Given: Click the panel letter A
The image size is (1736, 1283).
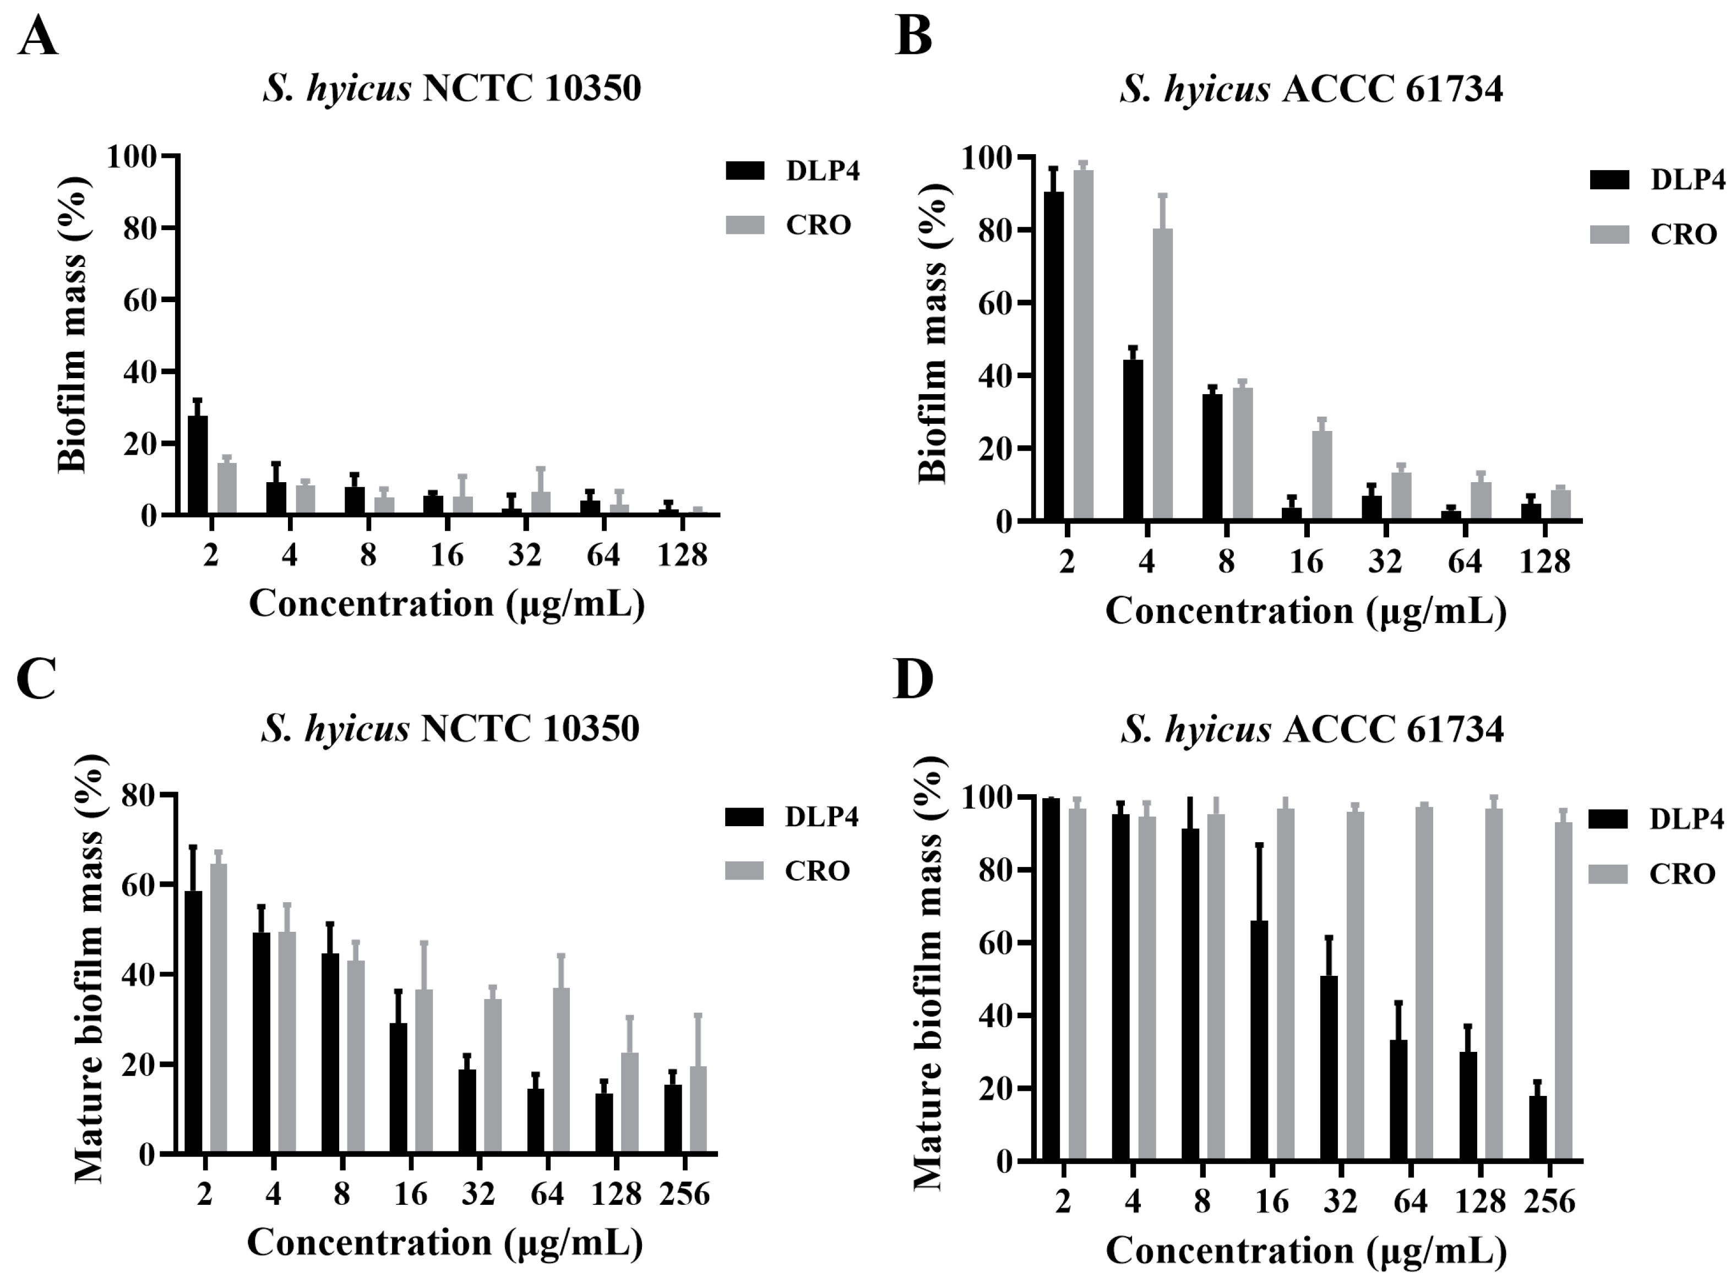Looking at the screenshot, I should [x=37, y=36].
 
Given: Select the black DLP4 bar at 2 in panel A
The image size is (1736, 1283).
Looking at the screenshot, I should [x=198, y=466].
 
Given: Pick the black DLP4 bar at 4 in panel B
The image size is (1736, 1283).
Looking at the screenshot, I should [x=1133, y=440].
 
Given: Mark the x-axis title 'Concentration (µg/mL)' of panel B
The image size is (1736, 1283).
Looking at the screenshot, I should [x=1305, y=611].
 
